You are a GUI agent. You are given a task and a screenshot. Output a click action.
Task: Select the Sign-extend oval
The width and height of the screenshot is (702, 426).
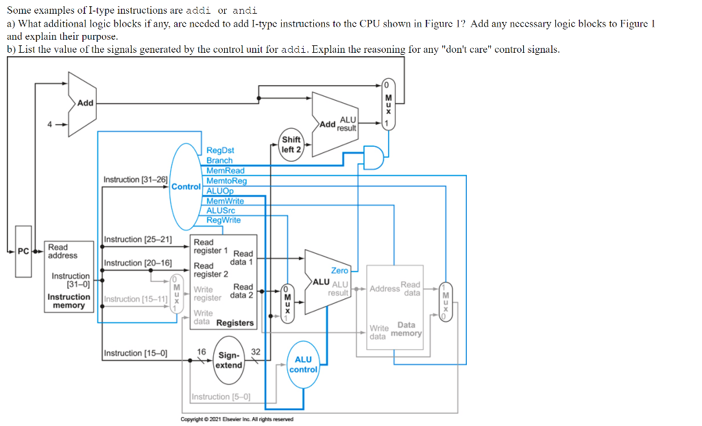click(229, 360)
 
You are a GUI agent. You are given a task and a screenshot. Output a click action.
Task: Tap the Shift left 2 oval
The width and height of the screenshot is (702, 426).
click(291, 145)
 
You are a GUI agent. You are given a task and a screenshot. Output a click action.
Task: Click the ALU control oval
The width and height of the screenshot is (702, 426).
click(303, 364)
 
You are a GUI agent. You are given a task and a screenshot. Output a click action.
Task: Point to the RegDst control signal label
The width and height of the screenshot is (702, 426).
click(220, 150)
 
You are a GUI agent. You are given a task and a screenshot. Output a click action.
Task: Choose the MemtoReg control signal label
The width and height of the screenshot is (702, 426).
click(226, 180)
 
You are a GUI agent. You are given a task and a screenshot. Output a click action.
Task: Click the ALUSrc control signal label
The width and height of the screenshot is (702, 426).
click(221, 211)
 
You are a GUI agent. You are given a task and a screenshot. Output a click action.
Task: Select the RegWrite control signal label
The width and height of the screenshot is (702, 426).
click(223, 220)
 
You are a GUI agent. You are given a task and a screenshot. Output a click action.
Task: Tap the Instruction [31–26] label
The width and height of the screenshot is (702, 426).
click(135, 180)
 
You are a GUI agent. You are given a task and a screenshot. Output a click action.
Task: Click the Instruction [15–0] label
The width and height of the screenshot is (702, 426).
click(135, 353)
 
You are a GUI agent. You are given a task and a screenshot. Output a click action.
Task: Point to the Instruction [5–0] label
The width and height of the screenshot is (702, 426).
click(221, 397)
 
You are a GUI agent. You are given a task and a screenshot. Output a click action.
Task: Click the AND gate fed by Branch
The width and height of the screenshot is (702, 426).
click(374, 156)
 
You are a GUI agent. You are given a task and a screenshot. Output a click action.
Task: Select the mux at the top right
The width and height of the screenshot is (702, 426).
click(388, 103)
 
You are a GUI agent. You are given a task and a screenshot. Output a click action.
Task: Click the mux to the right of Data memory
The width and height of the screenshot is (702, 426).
click(446, 301)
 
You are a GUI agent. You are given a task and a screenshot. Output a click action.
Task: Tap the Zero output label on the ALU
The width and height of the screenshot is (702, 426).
click(339, 271)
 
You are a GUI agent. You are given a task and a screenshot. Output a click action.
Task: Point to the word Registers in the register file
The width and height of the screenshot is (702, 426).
click(235, 323)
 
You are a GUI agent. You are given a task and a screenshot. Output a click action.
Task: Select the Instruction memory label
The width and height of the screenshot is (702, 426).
click(69, 301)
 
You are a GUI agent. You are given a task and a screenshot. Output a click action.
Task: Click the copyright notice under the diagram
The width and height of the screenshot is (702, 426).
click(237, 419)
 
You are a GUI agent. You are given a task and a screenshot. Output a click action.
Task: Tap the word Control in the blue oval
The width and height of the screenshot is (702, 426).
click(185, 187)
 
